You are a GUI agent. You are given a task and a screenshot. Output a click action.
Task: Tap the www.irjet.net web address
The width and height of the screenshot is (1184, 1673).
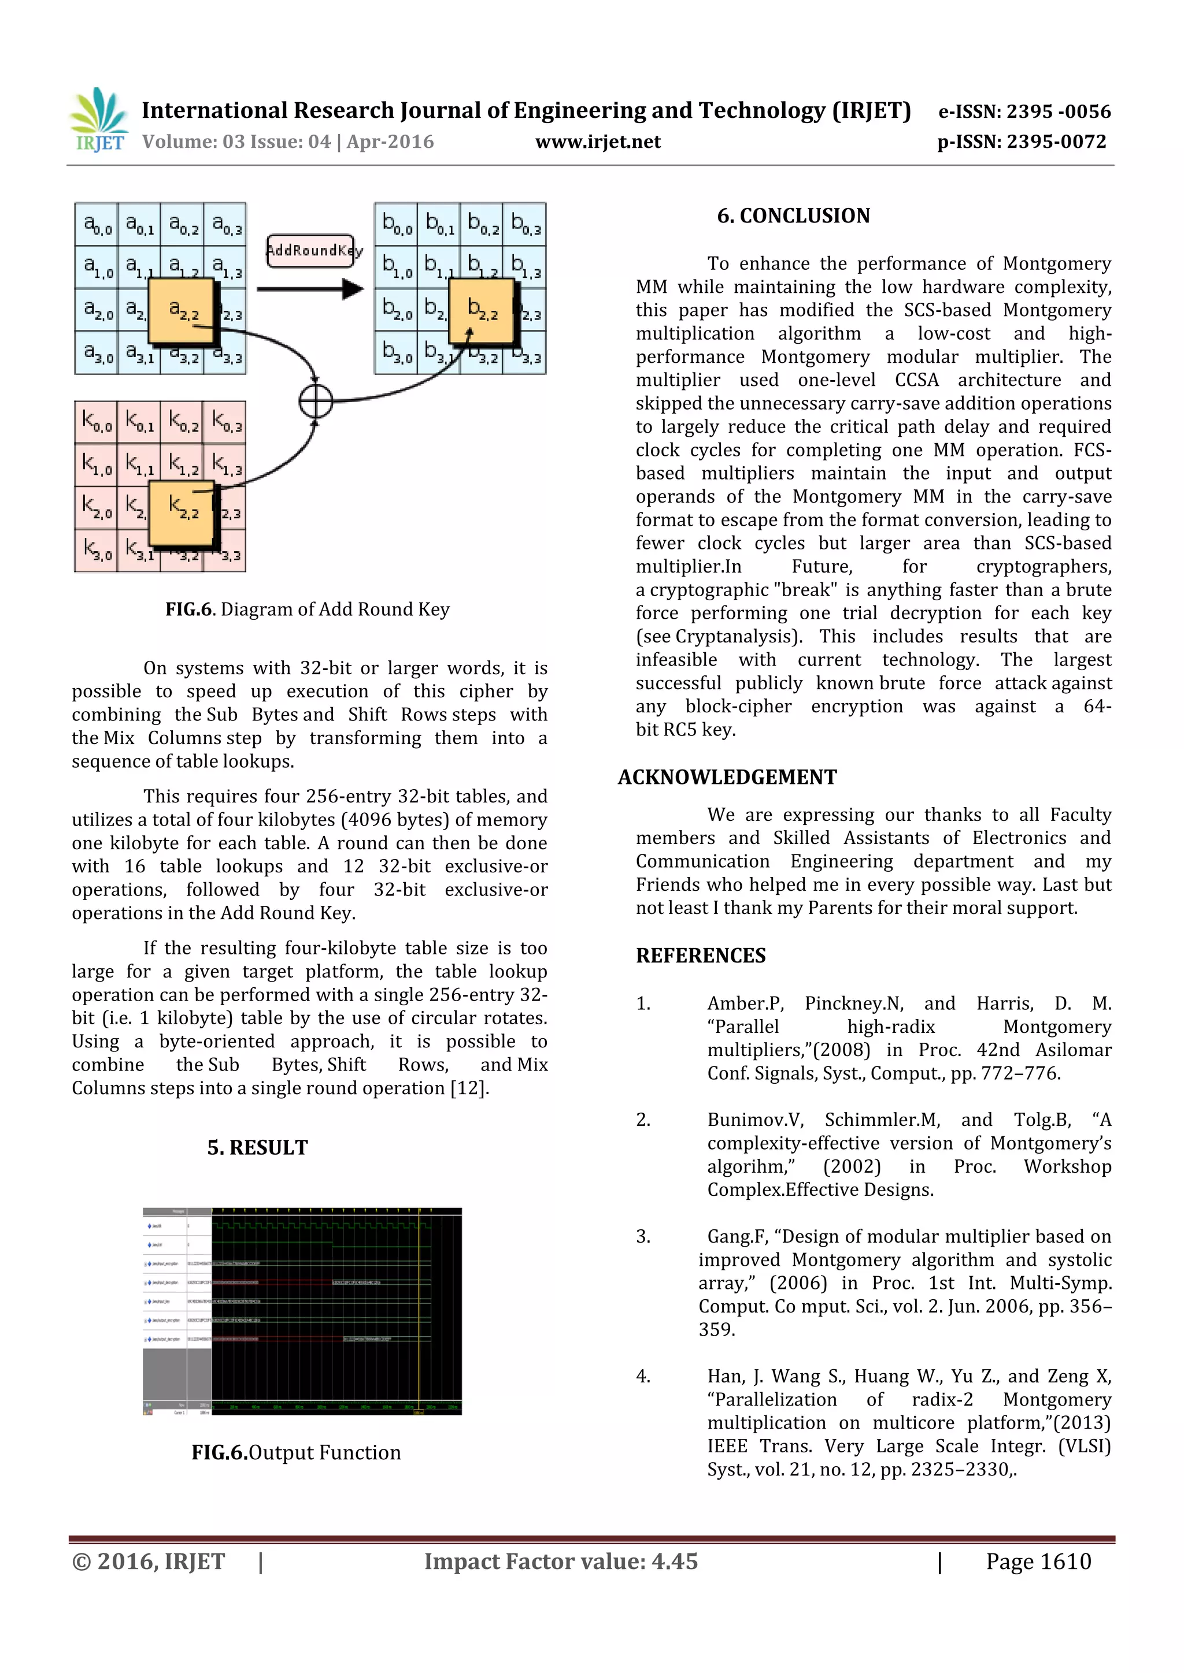coord(598,142)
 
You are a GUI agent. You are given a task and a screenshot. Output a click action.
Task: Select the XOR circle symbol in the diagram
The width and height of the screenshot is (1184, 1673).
coord(316,401)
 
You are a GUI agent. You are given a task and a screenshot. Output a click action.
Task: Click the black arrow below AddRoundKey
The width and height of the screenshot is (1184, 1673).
coord(310,289)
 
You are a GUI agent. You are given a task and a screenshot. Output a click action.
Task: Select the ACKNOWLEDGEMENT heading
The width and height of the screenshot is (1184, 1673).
coord(727,778)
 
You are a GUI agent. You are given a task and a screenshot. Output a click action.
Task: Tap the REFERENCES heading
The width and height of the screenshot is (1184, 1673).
coord(701,956)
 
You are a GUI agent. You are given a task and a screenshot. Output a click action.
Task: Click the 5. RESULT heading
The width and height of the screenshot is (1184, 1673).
coord(257,1148)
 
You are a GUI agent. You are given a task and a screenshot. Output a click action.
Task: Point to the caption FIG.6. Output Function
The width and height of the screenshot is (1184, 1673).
coord(296,1452)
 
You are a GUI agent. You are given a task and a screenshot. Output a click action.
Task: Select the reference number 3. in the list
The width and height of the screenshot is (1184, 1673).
coord(643,1236)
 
